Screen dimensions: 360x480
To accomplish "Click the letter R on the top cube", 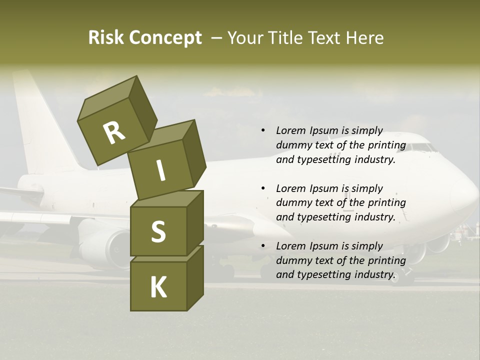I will tap(113, 133).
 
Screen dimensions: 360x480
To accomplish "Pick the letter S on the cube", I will tap(158, 231).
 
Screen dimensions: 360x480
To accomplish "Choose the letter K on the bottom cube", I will tap(158, 287).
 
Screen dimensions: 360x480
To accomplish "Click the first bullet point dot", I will tap(263, 131).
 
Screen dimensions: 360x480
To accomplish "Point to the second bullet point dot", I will tap(263, 188).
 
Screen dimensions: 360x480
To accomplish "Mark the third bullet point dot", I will tap(263, 246).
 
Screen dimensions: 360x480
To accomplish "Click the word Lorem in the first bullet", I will tap(290, 131).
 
